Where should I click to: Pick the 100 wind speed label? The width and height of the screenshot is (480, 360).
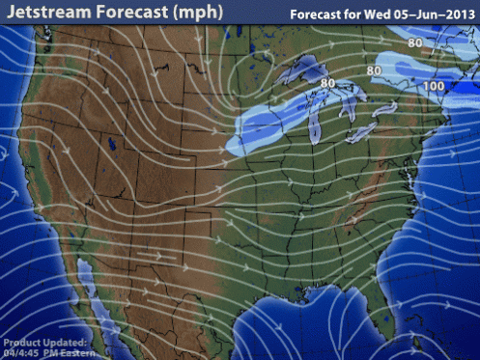click(435, 87)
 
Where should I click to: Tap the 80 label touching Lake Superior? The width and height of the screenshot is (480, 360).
click(327, 83)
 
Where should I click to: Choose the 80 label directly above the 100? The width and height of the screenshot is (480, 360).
click(415, 42)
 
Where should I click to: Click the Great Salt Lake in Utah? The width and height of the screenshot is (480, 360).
click(113, 148)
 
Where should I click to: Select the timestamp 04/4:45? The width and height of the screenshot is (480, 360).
click(22, 352)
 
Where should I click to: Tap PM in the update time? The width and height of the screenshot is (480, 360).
click(48, 352)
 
